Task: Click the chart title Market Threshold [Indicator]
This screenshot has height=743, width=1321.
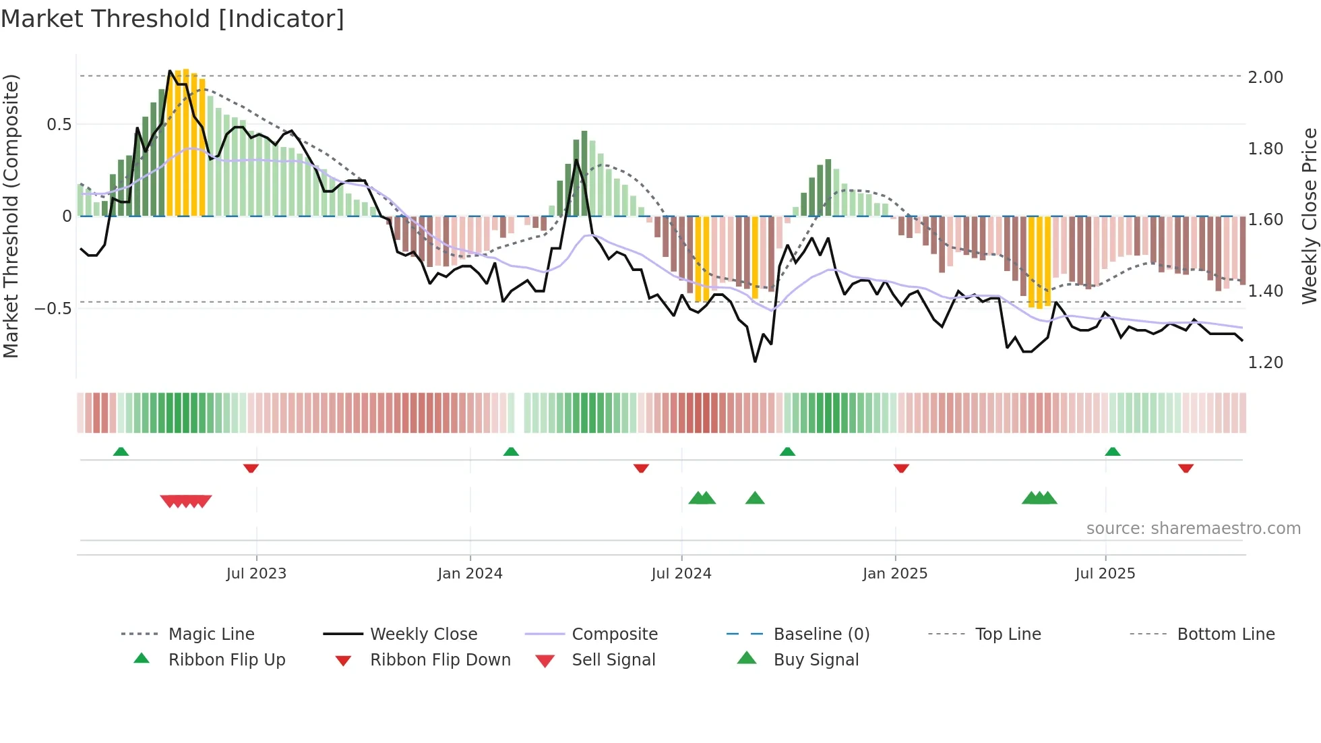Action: pos(173,18)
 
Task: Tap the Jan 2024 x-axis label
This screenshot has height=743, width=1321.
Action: pos(470,573)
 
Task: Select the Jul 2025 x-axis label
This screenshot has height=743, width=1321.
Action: pos(1105,573)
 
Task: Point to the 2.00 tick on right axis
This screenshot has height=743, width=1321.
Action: pos(1265,77)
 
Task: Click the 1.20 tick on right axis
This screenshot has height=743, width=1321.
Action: pos(1265,362)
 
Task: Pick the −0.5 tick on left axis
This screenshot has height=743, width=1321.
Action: pos(53,308)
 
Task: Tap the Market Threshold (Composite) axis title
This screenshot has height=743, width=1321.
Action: pos(11,216)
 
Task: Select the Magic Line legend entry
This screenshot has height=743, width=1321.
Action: pos(211,634)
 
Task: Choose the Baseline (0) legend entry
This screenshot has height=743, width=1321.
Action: pos(821,634)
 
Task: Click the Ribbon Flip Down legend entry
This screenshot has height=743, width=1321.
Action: pos(440,659)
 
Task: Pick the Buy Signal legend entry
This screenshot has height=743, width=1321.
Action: pos(816,659)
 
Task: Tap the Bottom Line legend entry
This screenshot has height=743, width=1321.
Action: pos(1225,634)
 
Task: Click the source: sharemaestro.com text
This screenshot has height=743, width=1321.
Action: pos(1193,528)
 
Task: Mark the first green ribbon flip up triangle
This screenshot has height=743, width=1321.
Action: pos(121,452)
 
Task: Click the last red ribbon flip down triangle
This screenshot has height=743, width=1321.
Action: pos(1186,468)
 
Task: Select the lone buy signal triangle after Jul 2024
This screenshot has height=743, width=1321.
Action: pos(755,498)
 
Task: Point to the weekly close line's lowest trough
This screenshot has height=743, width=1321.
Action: pos(755,361)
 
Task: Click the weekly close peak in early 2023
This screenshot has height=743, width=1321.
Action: pos(170,71)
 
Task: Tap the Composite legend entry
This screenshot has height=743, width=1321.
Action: pos(614,634)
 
